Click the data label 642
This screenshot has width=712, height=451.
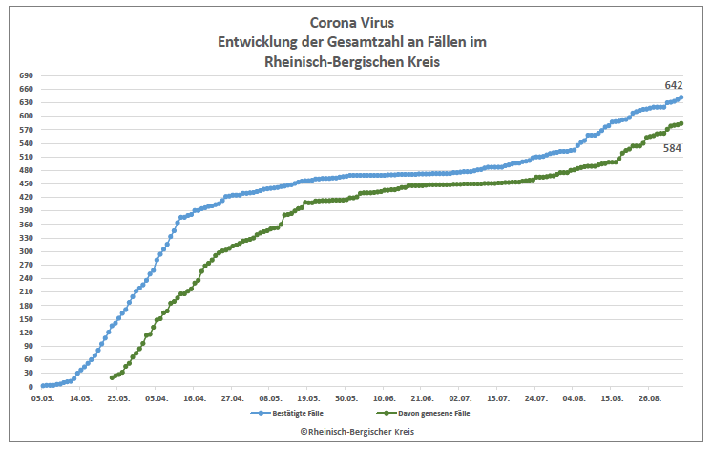[673, 85]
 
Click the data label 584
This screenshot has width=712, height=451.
[673, 148]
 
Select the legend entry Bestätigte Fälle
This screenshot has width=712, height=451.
[287, 414]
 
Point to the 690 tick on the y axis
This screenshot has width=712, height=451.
[26, 75]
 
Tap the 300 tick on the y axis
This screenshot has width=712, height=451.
[26, 251]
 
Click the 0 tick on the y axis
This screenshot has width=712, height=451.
[31, 387]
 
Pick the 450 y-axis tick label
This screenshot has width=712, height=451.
[26, 183]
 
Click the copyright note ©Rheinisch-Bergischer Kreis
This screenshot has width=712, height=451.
[356, 433]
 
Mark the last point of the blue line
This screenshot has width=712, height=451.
[681, 97]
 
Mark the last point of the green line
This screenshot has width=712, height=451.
[681, 123]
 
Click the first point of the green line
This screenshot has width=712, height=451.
[112, 377]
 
